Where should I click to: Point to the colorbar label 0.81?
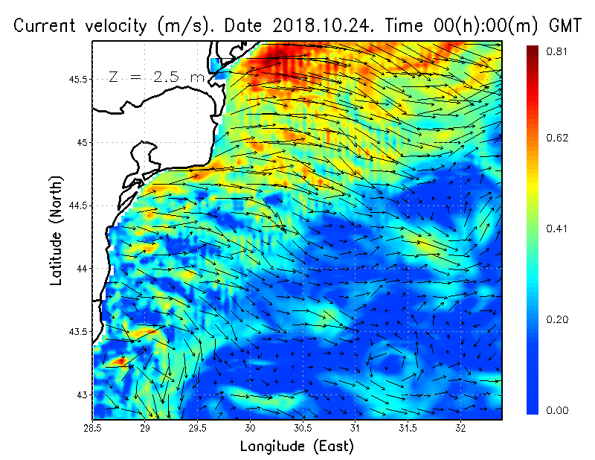coord(557,51)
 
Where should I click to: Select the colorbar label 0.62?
coord(557,138)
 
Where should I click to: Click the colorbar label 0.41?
coord(557,229)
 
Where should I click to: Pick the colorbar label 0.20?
coord(557,320)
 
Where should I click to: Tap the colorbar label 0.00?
coord(557,410)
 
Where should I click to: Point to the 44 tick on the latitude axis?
coord(81,268)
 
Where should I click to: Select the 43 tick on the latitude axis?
coord(81,394)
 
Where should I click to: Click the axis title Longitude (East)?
coord(296,447)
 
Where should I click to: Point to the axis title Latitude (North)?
coord(57,231)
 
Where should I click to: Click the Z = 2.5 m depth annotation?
coord(156,77)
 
